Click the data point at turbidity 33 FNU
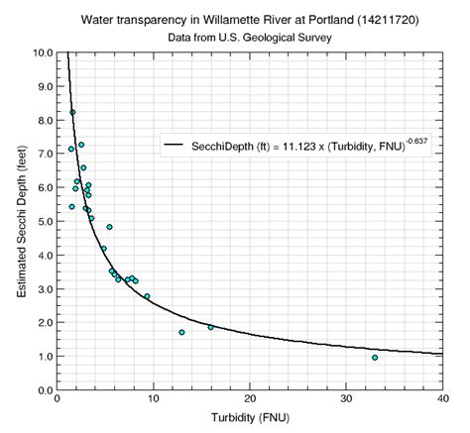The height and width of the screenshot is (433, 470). coord(374,357)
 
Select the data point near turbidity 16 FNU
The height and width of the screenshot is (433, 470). coord(210,327)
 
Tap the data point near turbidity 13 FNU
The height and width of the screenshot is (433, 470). coord(181,332)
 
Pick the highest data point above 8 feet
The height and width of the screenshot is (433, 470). coord(72,112)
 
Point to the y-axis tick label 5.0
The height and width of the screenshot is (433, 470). coord(44,221)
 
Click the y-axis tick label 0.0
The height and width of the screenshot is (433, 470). coord(44,389)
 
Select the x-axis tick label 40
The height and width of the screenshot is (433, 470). coord(442,400)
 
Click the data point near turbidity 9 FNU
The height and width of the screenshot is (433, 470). coord(147,296)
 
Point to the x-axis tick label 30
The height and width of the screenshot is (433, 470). coord(346,400)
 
